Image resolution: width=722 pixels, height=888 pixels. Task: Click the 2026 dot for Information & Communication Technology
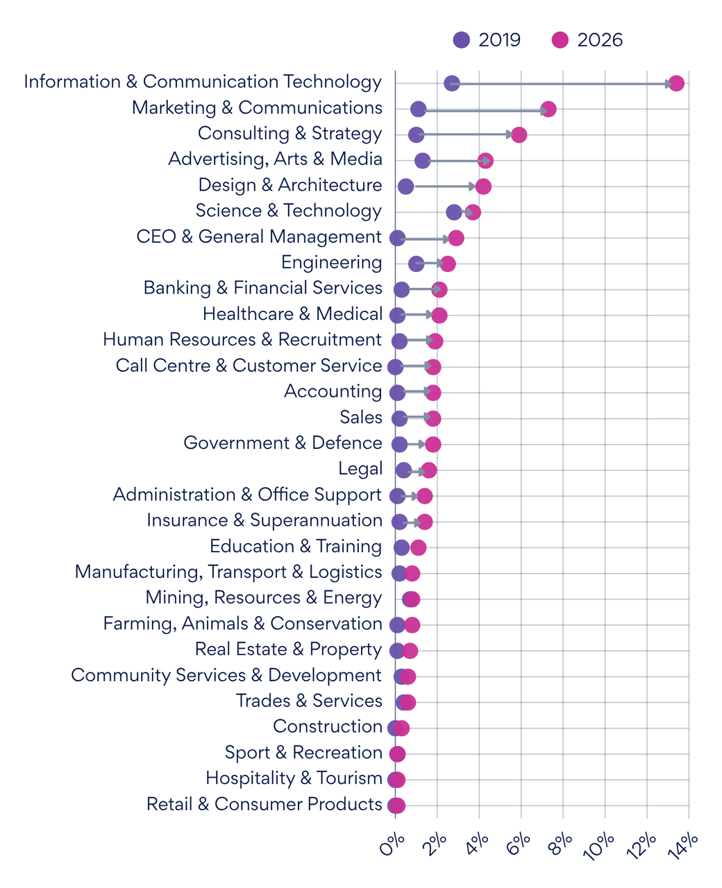click(676, 83)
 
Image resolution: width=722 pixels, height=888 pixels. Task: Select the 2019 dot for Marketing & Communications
click(418, 109)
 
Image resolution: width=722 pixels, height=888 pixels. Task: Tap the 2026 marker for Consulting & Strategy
click(519, 135)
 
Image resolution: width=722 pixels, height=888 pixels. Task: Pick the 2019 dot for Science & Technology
click(454, 212)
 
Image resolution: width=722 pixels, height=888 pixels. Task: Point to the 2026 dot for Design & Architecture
click(483, 187)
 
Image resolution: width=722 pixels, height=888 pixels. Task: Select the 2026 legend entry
click(587, 40)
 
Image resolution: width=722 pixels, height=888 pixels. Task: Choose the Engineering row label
click(331, 262)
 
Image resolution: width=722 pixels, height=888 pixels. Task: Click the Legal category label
click(360, 469)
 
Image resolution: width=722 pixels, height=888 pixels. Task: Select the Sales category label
click(360, 417)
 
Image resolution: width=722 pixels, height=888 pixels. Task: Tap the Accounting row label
click(333, 391)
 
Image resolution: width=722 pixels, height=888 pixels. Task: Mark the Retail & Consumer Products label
click(264, 804)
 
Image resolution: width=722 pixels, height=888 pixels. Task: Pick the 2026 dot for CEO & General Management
click(456, 238)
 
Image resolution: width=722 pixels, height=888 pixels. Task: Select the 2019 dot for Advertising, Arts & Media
click(422, 161)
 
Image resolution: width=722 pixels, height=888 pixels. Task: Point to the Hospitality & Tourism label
click(294, 778)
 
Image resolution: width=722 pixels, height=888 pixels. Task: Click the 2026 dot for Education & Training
click(418, 547)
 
